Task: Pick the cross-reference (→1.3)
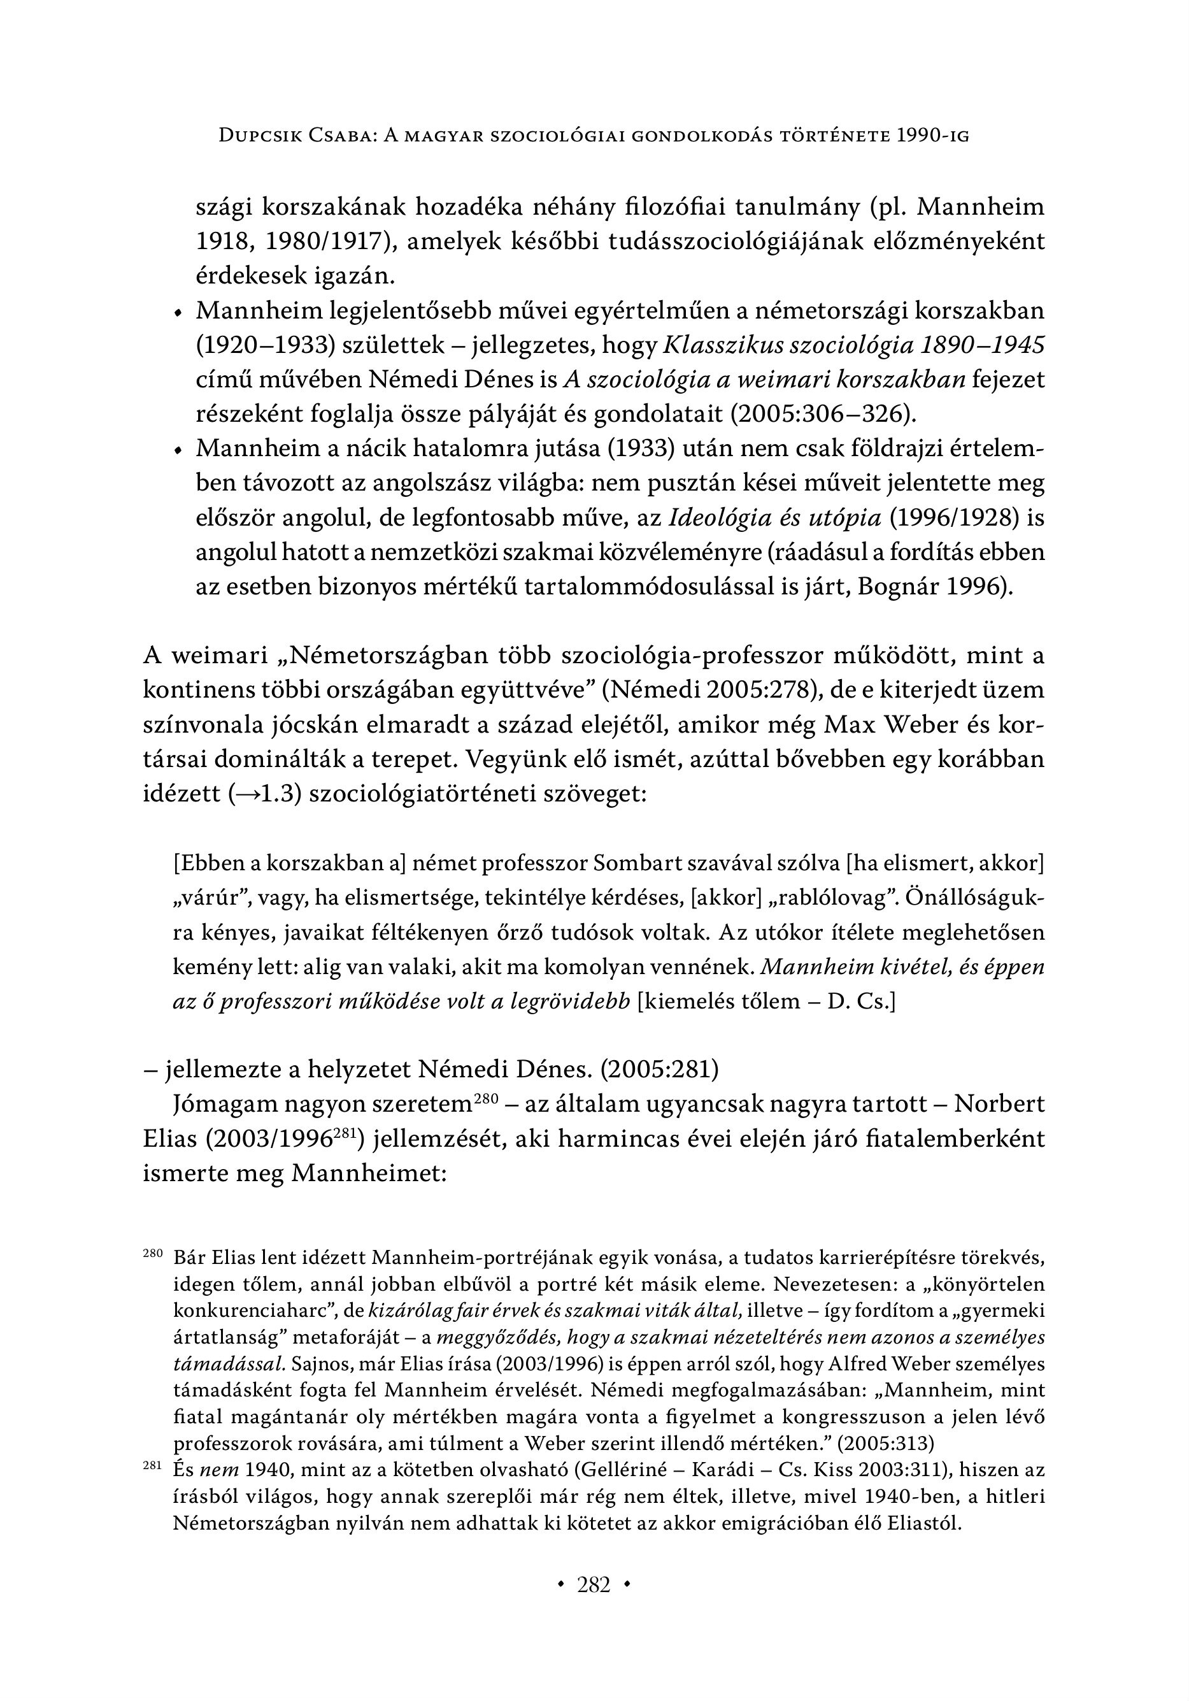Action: (265, 794)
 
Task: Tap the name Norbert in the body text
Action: (999, 1105)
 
